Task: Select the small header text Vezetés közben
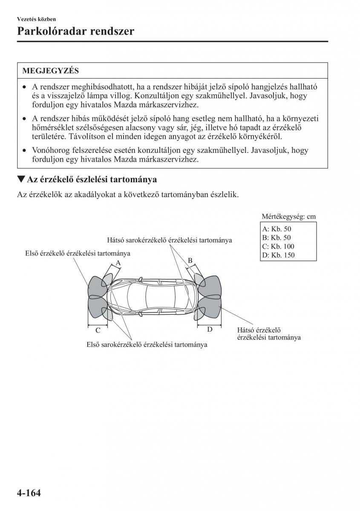(x=37, y=19)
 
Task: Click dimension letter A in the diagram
(x=118, y=264)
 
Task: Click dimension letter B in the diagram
(x=190, y=261)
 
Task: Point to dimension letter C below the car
(x=98, y=330)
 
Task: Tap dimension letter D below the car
(x=210, y=329)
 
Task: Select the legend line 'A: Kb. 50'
(x=277, y=229)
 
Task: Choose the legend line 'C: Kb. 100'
(x=279, y=247)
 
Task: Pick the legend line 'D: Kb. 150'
(x=279, y=255)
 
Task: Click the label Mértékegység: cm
(x=288, y=216)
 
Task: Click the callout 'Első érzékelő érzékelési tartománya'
(x=78, y=253)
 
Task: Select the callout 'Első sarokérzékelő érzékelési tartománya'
(x=147, y=344)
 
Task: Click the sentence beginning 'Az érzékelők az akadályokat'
(x=128, y=195)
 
